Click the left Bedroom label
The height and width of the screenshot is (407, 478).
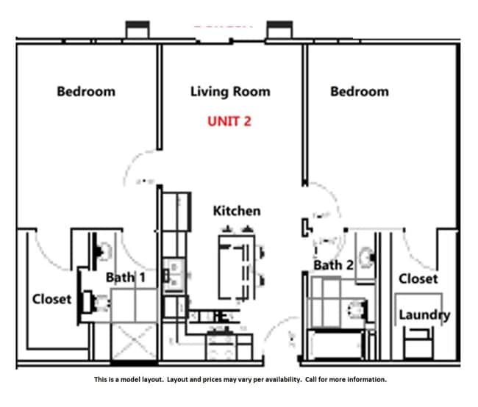86,92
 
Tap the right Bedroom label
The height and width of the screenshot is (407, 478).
359,92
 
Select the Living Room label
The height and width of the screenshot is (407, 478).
230,92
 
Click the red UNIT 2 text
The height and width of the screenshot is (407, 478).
228,121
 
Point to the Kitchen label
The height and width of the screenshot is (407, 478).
236,211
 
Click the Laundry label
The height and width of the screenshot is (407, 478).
424,315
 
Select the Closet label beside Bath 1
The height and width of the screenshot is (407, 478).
51,299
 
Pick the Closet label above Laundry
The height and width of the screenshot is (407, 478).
418,278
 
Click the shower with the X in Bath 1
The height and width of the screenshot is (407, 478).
134,342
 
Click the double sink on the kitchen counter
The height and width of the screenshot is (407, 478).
174,272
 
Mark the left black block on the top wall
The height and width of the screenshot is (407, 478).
138,30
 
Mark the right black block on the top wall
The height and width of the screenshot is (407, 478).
279,30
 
